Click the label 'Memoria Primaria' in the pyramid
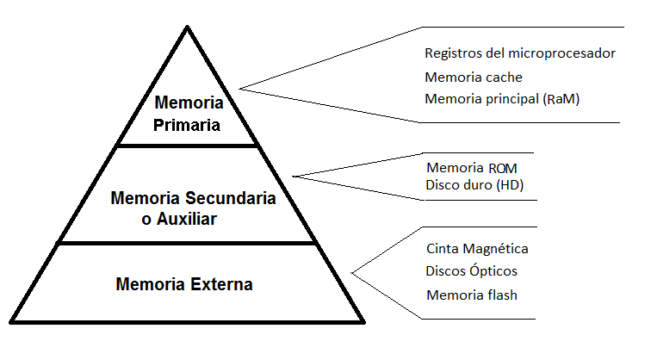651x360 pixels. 189,114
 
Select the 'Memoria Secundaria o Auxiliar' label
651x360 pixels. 193,208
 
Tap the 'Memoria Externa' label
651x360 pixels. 183,283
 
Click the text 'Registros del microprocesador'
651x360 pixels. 520,53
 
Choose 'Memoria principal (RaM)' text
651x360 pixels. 502,98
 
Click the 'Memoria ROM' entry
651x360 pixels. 472,167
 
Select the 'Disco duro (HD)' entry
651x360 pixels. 475,184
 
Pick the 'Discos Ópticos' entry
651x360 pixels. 472,271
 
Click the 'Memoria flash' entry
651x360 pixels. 471,295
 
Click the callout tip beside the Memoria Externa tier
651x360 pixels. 353,273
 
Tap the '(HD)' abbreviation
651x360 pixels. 509,184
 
